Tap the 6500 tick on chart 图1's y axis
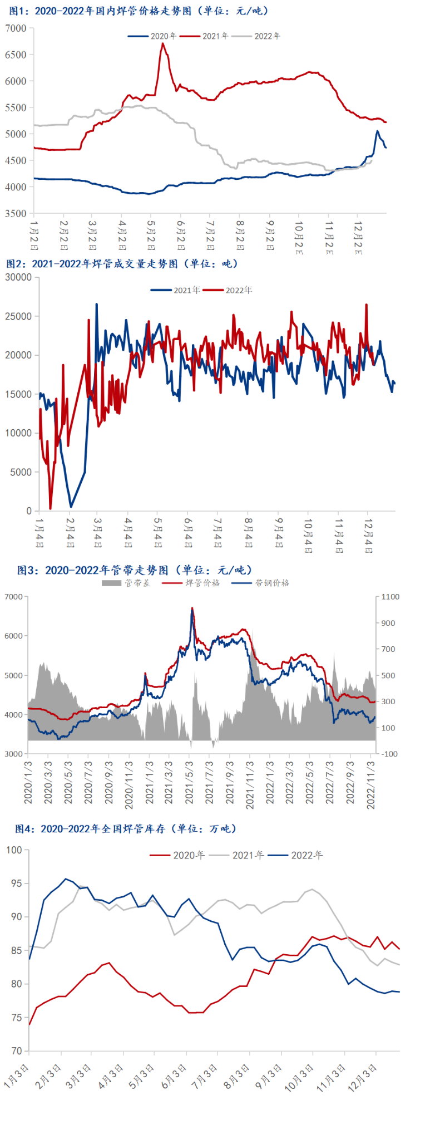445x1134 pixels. click(16, 55)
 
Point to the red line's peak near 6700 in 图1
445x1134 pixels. click(163, 43)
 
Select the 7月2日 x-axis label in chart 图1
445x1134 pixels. click(210, 235)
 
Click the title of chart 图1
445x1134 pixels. click(139, 11)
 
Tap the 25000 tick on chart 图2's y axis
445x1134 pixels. click(18, 316)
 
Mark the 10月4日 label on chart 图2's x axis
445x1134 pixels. click(308, 536)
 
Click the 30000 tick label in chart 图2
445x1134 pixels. click(18, 277)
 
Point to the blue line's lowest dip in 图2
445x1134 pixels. click(71, 507)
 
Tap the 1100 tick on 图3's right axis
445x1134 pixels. click(390, 597)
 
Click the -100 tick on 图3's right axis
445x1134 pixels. click(390, 754)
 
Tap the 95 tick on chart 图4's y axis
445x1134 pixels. click(16, 883)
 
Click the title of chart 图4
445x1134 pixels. click(126, 829)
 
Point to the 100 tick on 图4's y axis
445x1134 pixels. click(14, 850)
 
